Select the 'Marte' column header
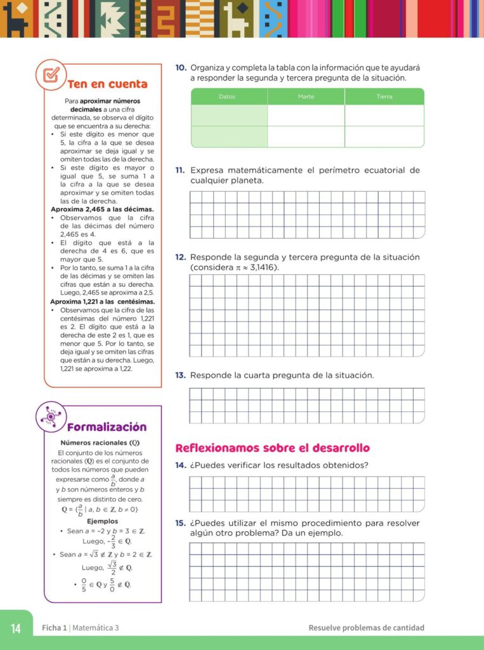(306, 96)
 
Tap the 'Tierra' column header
(384, 96)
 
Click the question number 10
(180, 67)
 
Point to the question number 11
(180, 170)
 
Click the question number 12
(180, 257)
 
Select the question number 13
(180, 375)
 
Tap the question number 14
(180, 465)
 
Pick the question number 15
(180, 523)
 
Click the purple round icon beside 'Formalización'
(51, 417)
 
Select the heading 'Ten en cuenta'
(107, 84)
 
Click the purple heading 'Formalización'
(107, 427)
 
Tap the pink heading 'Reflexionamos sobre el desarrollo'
(272, 448)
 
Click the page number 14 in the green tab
(16, 628)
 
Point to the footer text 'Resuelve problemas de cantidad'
(366, 628)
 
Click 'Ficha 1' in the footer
(54, 628)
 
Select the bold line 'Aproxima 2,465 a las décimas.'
(102, 209)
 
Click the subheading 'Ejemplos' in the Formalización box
(102, 521)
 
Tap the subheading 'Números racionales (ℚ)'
(100, 442)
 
